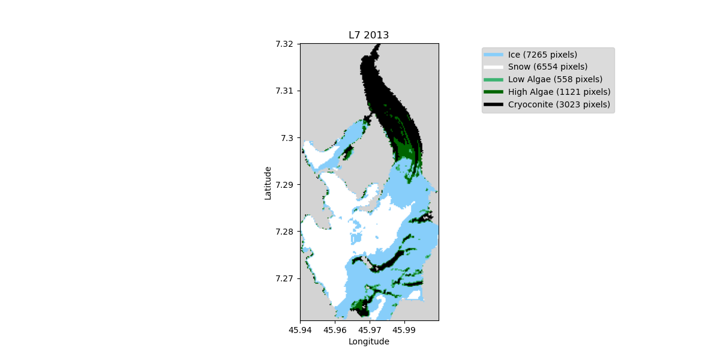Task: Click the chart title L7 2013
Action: click(x=368, y=35)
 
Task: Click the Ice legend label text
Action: click(x=542, y=55)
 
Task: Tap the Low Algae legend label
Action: click(x=555, y=79)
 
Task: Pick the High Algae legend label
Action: click(x=559, y=92)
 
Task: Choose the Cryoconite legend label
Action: click(x=559, y=104)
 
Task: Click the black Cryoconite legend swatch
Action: click(x=493, y=104)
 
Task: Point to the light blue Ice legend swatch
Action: click(x=493, y=55)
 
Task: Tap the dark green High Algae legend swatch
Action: click(x=493, y=92)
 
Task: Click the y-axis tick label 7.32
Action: click(x=284, y=44)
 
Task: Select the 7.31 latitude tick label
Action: click(x=284, y=91)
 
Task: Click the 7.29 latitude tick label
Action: click(x=284, y=184)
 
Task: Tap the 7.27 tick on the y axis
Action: click(x=284, y=278)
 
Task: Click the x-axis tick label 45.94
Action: click(x=300, y=329)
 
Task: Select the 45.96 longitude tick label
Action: click(x=335, y=329)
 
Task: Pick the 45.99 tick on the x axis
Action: click(x=404, y=329)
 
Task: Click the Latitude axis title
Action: click(x=268, y=183)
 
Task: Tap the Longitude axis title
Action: click(x=368, y=341)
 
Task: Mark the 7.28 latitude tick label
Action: click(x=284, y=232)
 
